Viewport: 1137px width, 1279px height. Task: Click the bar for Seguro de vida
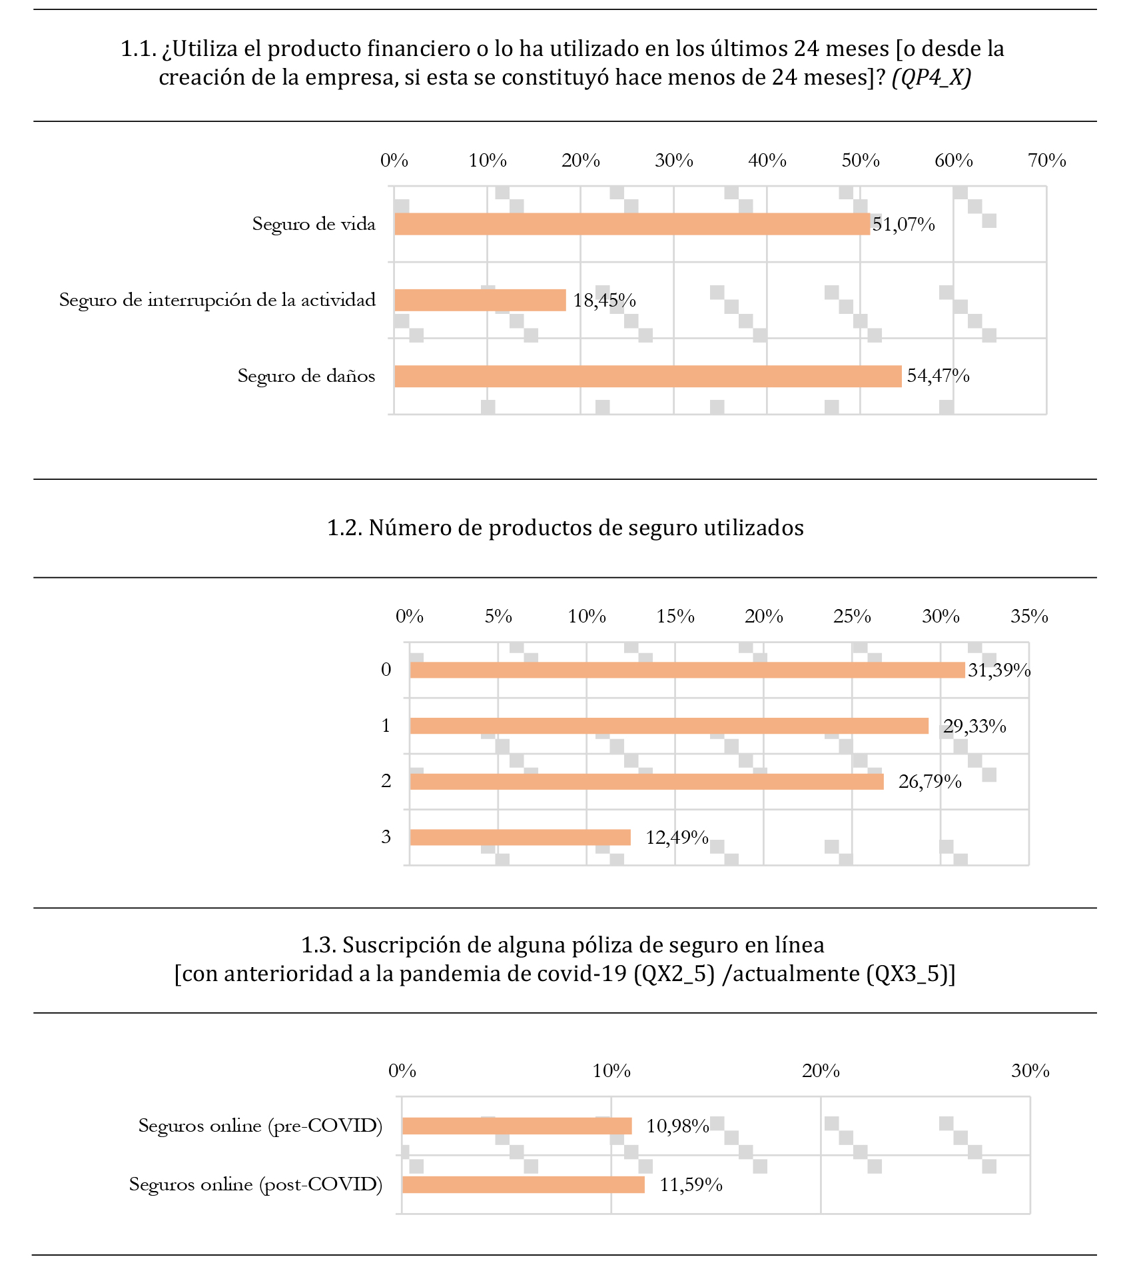pyautogui.click(x=631, y=224)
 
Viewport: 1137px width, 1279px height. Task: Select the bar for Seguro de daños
pyautogui.click(x=647, y=376)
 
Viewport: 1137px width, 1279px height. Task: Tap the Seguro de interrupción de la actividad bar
pyautogui.click(x=480, y=300)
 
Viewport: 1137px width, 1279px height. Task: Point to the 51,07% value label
pyautogui.click(x=903, y=225)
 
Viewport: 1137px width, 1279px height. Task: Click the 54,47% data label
pyautogui.click(x=938, y=376)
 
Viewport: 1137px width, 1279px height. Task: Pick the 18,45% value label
pyautogui.click(x=604, y=301)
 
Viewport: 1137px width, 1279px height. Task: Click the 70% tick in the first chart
pyautogui.click(x=1046, y=161)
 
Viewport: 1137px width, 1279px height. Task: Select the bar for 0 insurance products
pyautogui.click(x=687, y=670)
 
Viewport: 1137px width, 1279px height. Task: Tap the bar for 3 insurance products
pyautogui.click(x=520, y=837)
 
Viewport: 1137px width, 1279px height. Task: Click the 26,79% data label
pyautogui.click(x=930, y=782)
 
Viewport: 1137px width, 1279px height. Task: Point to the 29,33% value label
pyautogui.click(x=974, y=726)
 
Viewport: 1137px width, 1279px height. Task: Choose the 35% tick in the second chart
pyautogui.click(x=1029, y=617)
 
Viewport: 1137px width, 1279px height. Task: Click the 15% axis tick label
pyautogui.click(x=675, y=617)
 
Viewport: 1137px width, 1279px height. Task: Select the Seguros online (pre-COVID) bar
pyautogui.click(x=517, y=1126)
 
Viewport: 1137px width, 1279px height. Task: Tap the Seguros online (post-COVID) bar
pyautogui.click(x=524, y=1184)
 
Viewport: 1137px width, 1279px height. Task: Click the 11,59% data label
pyautogui.click(x=691, y=1185)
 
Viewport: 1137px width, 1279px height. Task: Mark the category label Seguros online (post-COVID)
pyautogui.click(x=256, y=1184)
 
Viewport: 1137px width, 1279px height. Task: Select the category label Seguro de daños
pyautogui.click(x=306, y=376)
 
